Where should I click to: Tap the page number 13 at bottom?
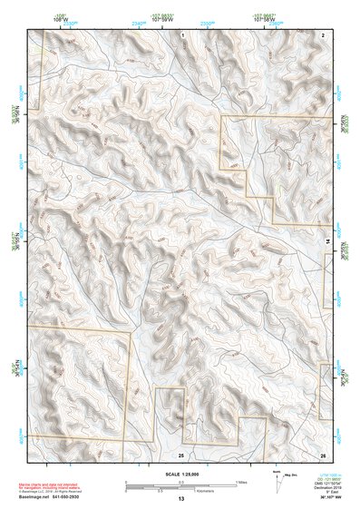(x=181, y=498)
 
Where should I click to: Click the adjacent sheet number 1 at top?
(x=182, y=34)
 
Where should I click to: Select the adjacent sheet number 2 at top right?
(x=322, y=34)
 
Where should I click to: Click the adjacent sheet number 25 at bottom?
(x=181, y=453)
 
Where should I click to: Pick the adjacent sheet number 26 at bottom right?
(x=322, y=453)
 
